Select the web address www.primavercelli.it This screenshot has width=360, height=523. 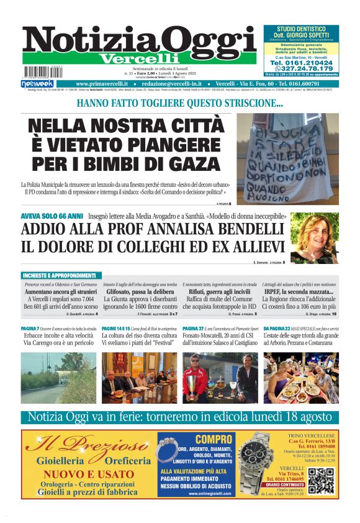pos(102,83)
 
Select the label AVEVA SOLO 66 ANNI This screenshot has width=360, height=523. pos(52,216)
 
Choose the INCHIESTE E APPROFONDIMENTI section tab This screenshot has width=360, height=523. pos(60,275)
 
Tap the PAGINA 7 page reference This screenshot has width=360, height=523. pos(30,327)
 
